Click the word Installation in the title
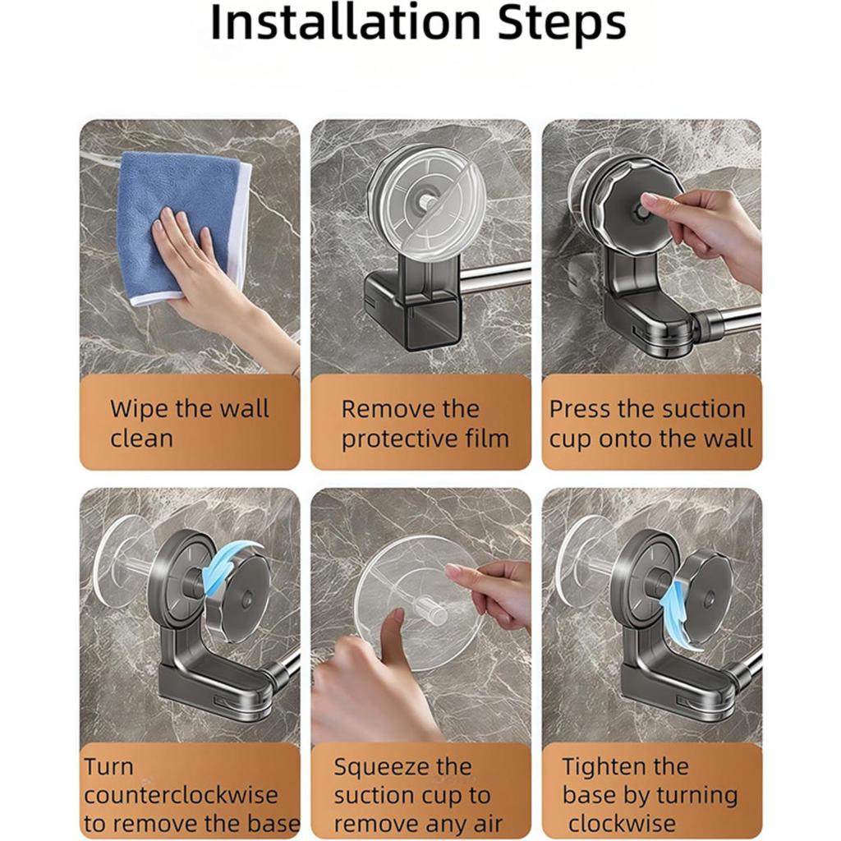click(x=346, y=22)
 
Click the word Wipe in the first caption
click(x=138, y=409)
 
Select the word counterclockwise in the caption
click(x=181, y=795)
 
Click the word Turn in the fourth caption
click(x=108, y=766)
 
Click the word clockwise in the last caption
click(x=623, y=823)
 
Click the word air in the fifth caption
click(x=486, y=823)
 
